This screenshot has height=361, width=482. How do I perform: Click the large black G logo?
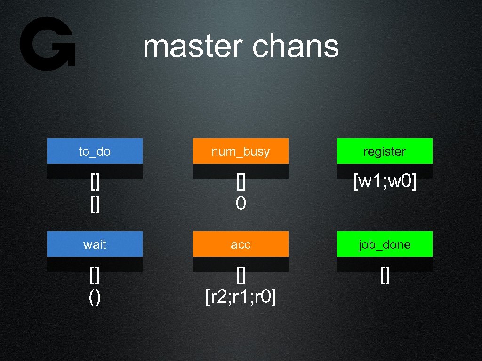click(47, 43)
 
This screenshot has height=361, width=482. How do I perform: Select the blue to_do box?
click(95, 151)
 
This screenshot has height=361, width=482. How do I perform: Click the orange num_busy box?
click(241, 151)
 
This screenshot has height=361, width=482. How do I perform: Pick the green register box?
click(385, 151)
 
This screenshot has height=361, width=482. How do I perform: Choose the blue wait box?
click(95, 244)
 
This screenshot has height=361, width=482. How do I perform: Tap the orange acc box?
click(241, 244)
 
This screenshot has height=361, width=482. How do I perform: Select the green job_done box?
click(385, 244)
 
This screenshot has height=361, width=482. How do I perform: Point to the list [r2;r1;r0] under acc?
click(241, 297)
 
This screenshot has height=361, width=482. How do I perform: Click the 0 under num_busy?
click(241, 203)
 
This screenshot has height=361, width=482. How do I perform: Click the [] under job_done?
click(385, 276)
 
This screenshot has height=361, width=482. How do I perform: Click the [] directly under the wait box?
click(95, 276)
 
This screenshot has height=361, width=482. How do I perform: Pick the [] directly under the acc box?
click(241, 276)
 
